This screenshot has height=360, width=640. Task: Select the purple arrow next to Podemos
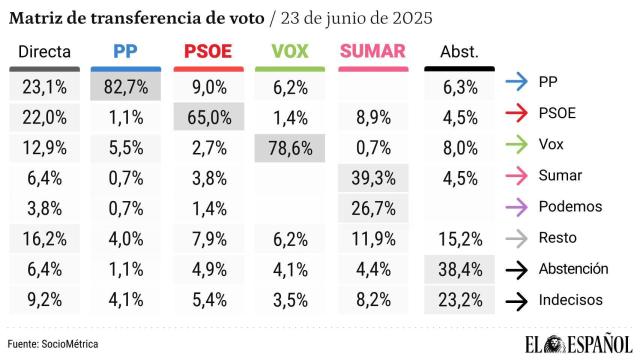pyautogui.click(x=517, y=206)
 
